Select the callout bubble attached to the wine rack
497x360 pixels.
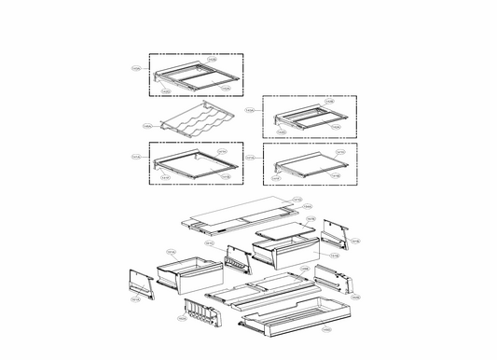coord(148,125)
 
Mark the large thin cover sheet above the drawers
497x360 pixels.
coord(242,214)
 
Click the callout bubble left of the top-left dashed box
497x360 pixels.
coord(136,68)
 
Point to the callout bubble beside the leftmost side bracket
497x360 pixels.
coord(135,300)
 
